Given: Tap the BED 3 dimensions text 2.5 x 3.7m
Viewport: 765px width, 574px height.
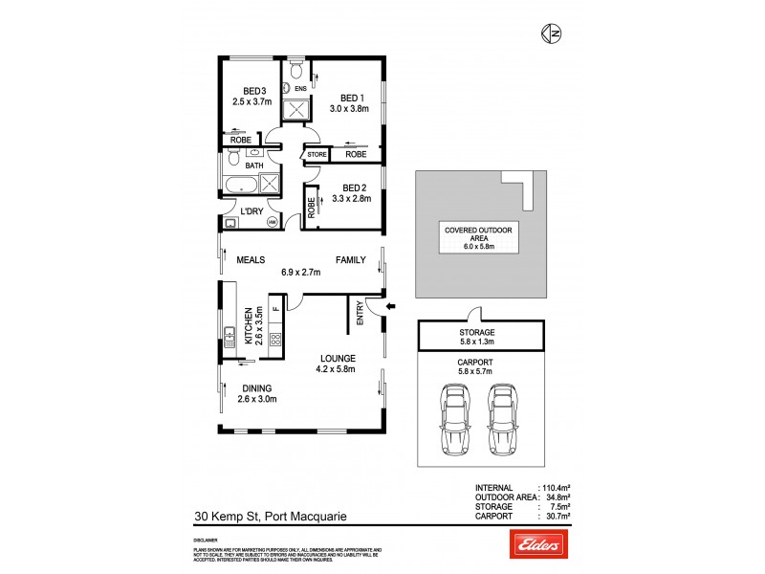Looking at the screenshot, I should (x=251, y=100).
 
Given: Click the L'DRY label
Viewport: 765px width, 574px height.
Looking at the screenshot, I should (x=251, y=210).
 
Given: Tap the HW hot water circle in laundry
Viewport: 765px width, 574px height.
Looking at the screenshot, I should (x=272, y=222).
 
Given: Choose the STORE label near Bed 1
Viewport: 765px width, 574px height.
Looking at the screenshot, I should (x=317, y=154).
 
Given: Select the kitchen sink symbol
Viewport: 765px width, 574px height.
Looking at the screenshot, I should (x=230, y=336).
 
